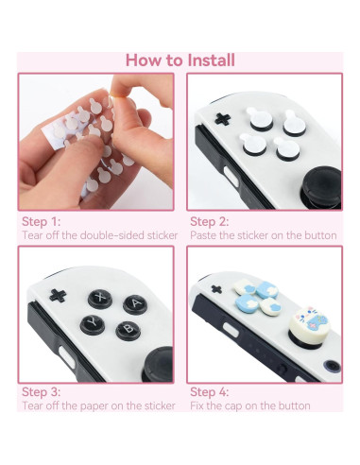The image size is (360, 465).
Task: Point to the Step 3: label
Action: coord(41,391)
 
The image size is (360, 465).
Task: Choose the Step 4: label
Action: coord(210,391)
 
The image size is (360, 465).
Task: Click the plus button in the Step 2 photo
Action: coord(223,119)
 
